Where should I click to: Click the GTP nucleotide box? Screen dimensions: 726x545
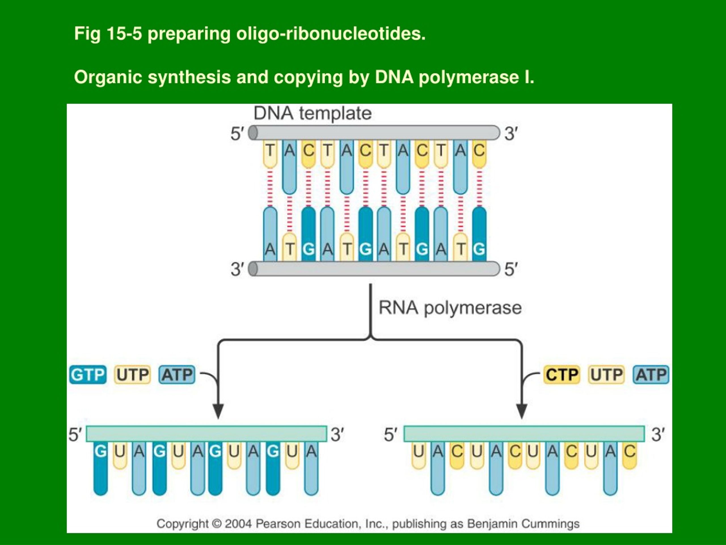coord(88,374)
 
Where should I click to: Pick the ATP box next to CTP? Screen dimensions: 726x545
coord(651,374)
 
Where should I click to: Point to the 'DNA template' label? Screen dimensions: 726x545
coord(313,113)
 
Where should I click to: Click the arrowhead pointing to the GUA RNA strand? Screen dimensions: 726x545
coord(218,411)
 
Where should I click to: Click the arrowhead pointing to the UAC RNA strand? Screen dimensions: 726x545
coord(522,411)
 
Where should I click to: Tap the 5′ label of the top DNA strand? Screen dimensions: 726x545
coord(237,134)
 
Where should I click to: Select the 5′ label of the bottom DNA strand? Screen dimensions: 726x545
coord(511,269)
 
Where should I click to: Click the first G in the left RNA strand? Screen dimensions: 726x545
coord(100,451)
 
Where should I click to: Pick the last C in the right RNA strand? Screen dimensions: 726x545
coord(630,451)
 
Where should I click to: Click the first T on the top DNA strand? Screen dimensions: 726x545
coord(270,151)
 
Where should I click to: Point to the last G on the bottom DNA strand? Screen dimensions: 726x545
coord(479,249)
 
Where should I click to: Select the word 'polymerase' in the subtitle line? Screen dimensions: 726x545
coord(469,77)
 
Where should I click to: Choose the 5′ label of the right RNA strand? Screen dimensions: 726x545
coord(391,434)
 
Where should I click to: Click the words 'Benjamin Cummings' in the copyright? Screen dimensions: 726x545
coord(523,524)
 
